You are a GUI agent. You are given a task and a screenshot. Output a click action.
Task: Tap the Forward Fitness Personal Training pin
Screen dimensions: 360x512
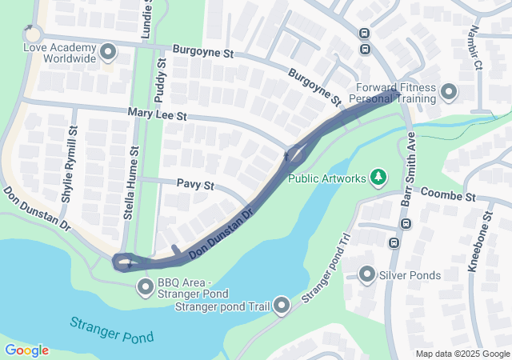448,92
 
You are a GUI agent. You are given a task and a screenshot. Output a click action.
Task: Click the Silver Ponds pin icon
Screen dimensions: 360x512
367,275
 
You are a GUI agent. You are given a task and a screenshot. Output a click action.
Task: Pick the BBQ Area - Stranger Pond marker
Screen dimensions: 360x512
146,286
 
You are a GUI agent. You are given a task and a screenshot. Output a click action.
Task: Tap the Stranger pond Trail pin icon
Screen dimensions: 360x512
282,304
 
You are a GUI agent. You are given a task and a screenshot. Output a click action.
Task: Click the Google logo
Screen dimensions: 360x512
26,350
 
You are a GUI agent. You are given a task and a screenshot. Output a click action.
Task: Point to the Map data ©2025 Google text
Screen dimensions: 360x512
462,354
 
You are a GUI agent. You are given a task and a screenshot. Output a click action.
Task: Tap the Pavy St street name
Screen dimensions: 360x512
196,185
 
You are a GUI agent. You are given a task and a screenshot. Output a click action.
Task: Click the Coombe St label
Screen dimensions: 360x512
447,196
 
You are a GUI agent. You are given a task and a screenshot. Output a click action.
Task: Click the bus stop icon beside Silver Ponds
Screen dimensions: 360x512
394,242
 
